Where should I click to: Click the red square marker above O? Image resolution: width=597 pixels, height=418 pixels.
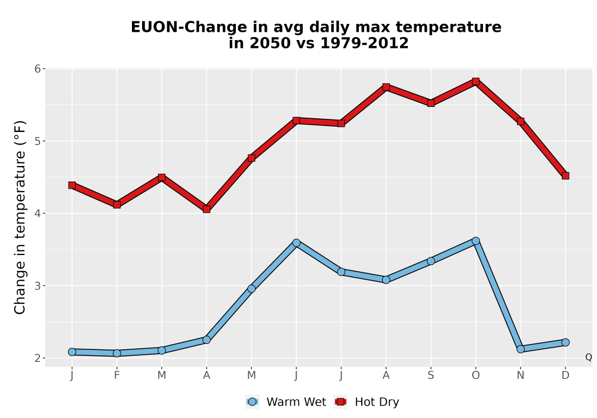(x=476, y=81)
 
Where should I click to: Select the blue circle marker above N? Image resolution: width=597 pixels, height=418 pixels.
(x=521, y=349)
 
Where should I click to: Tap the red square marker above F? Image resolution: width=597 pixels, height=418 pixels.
(x=117, y=204)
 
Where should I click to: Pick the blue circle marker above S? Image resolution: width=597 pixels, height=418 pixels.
(x=430, y=261)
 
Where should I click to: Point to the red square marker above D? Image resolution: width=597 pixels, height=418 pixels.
(x=565, y=176)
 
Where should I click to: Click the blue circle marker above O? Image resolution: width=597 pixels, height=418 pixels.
(x=476, y=241)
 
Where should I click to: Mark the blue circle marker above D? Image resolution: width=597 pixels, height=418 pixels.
(x=565, y=342)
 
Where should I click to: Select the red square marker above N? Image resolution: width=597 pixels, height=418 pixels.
(x=521, y=121)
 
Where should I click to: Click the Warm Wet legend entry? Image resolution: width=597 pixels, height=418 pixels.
(x=286, y=402)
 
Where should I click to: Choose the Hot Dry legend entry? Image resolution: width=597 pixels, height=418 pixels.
(x=367, y=402)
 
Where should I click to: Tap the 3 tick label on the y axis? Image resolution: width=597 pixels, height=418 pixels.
(x=37, y=285)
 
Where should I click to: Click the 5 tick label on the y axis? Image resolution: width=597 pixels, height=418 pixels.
(x=37, y=141)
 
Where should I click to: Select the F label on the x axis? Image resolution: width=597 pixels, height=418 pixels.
(x=117, y=376)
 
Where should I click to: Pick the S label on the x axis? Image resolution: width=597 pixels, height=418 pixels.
(x=430, y=376)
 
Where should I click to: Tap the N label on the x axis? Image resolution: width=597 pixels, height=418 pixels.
(x=521, y=376)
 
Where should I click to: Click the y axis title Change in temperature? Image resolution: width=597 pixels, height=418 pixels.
(x=20, y=217)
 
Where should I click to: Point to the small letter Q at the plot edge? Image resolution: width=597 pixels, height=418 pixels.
(x=589, y=357)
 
